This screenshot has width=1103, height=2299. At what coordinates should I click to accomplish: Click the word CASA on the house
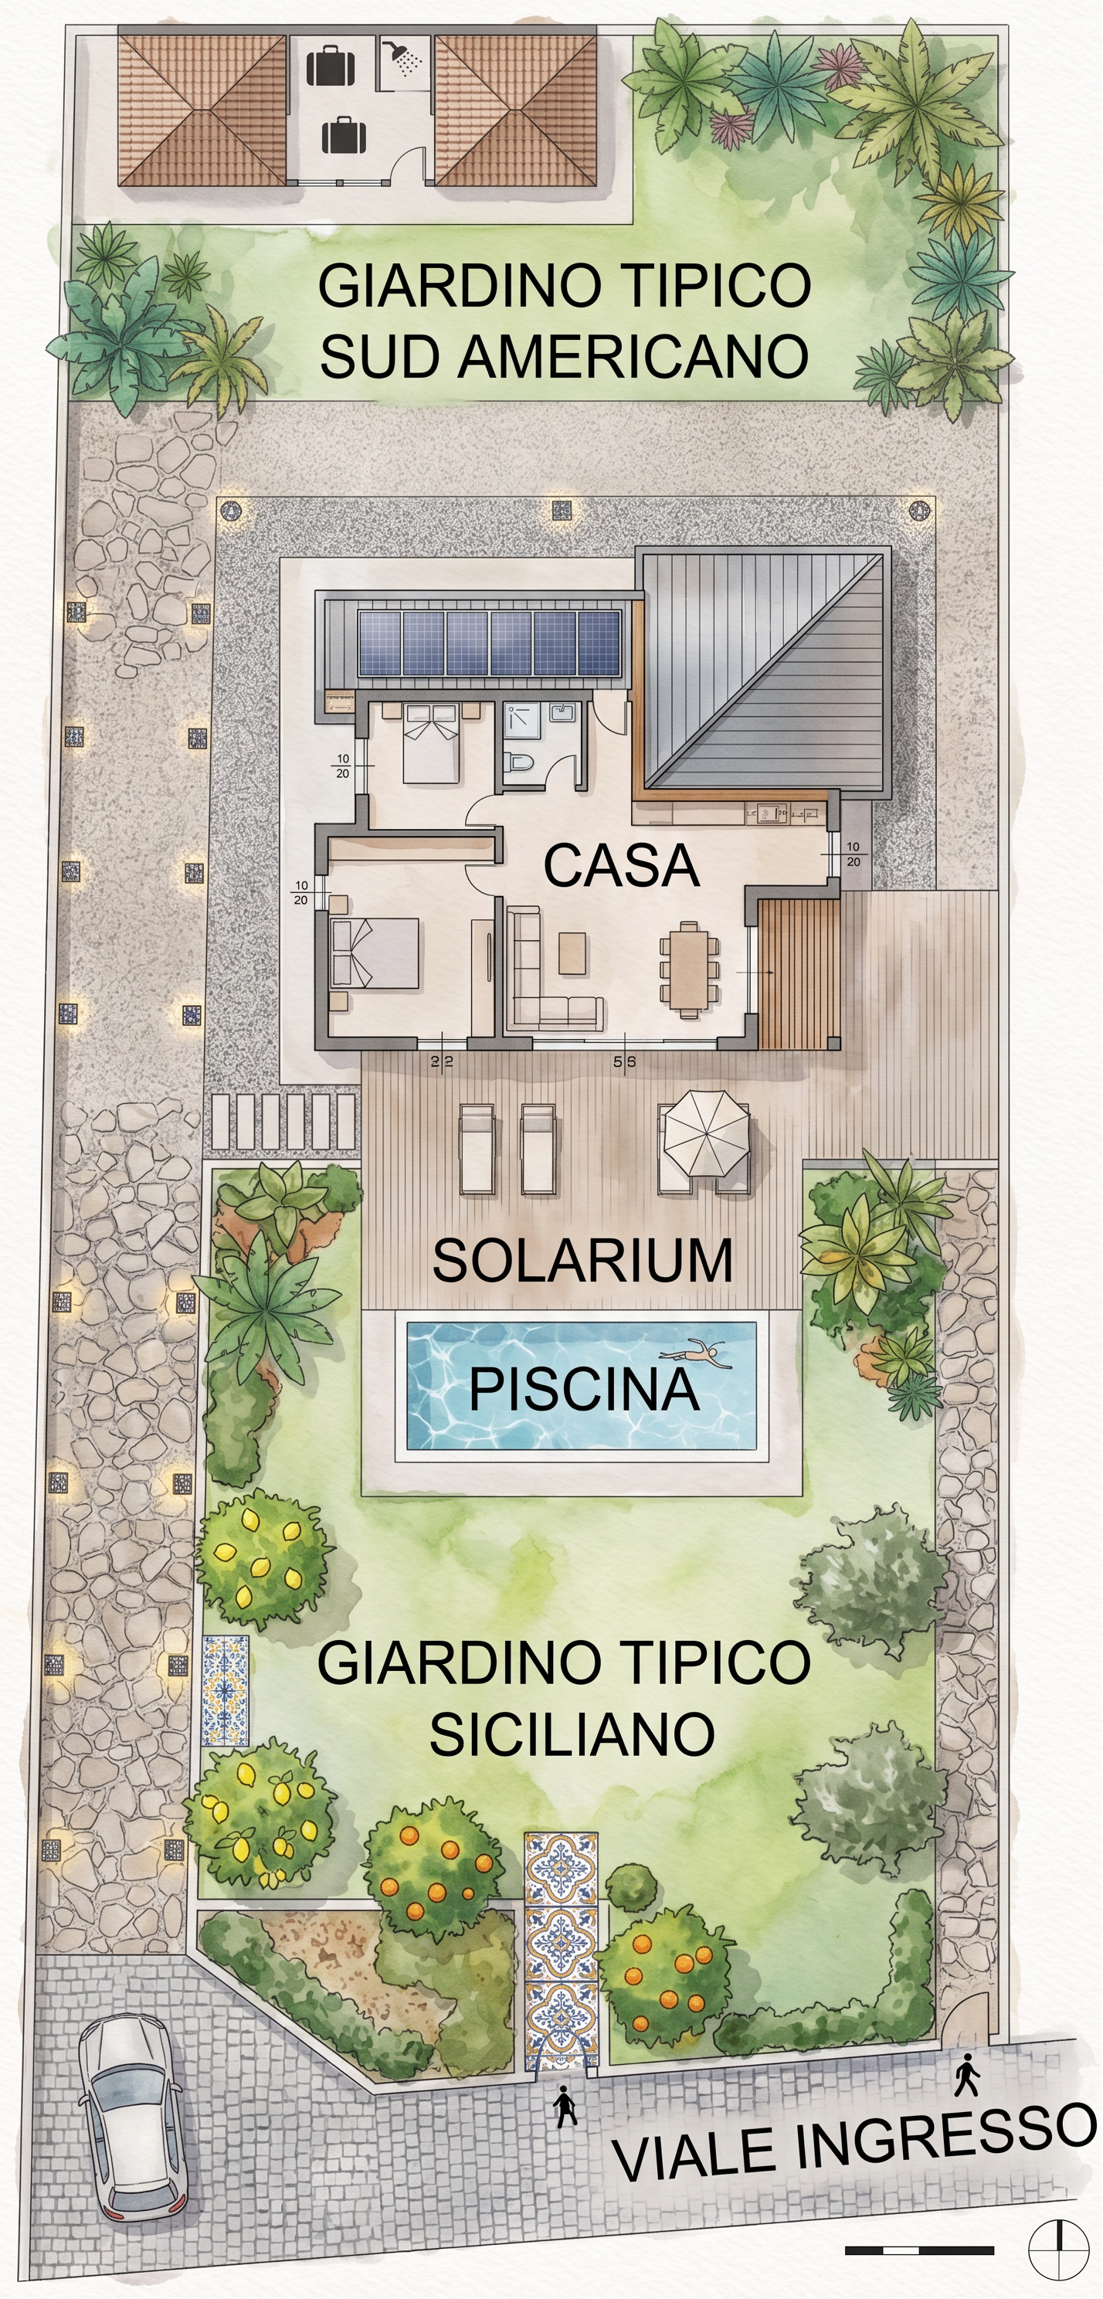pyautogui.click(x=621, y=866)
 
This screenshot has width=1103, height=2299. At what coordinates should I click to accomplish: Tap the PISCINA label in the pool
pyautogui.click(x=585, y=1389)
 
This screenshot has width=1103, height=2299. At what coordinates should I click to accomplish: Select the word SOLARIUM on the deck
pyautogui.click(x=582, y=1260)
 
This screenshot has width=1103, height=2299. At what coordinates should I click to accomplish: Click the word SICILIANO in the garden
pyautogui.click(x=572, y=1735)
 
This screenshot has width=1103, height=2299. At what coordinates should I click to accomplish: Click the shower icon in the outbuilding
pyautogui.click(x=402, y=58)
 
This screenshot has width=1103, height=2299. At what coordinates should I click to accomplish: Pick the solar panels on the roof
pyautogui.click(x=490, y=644)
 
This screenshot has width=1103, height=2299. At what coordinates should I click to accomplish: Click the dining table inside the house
pyautogui.click(x=688, y=970)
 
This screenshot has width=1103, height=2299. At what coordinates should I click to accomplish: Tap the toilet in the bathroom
pyautogui.click(x=519, y=764)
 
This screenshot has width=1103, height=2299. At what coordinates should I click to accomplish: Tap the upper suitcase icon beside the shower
pyautogui.click(x=330, y=65)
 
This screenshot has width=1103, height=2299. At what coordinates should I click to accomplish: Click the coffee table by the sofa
pyautogui.click(x=573, y=953)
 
